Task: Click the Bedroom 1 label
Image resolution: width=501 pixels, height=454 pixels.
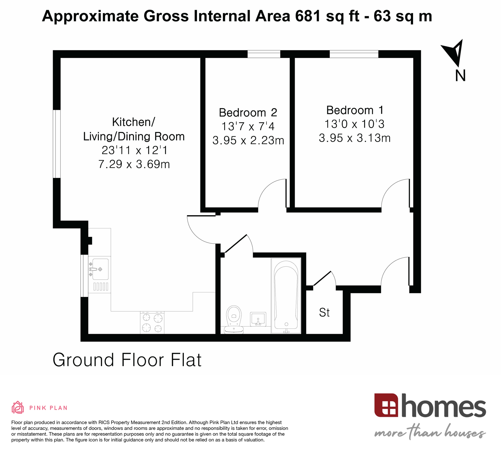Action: [x=354, y=110]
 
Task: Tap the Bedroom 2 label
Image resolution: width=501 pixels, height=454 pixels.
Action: [x=248, y=112]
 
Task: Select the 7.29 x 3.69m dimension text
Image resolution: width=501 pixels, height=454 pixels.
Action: [x=134, y=164]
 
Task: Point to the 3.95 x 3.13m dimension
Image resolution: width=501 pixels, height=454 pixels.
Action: [x=354, y=138]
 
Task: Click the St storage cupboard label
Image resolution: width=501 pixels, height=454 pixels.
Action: [x=324, y=312]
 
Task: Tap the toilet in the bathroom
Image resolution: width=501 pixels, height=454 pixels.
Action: [x=234, y=319]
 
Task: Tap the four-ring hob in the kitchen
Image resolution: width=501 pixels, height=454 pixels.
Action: [x=152, y=323]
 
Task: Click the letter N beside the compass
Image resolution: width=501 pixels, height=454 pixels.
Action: [x=460, y=75]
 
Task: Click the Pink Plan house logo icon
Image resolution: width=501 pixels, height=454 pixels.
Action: [x=18, y=407]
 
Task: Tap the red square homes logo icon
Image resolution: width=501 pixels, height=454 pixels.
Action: [x=386, y=406]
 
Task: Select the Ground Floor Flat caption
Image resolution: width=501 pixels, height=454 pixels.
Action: [x=127, y=360]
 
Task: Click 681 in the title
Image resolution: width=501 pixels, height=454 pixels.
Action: [x=308, y=16]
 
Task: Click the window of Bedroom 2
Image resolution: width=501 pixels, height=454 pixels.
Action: [x=264, y=54]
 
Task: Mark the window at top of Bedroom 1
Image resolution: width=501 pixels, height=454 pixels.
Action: [x=354, y=54]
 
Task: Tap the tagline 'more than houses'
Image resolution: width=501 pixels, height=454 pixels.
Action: [x=430, y=433]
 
